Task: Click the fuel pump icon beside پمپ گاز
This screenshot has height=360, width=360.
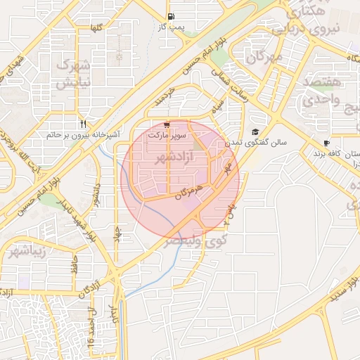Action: coord(172,17)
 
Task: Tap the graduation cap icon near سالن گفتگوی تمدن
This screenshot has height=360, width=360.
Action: coord(255,131)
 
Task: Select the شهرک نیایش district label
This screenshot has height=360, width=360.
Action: coord(73,75)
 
